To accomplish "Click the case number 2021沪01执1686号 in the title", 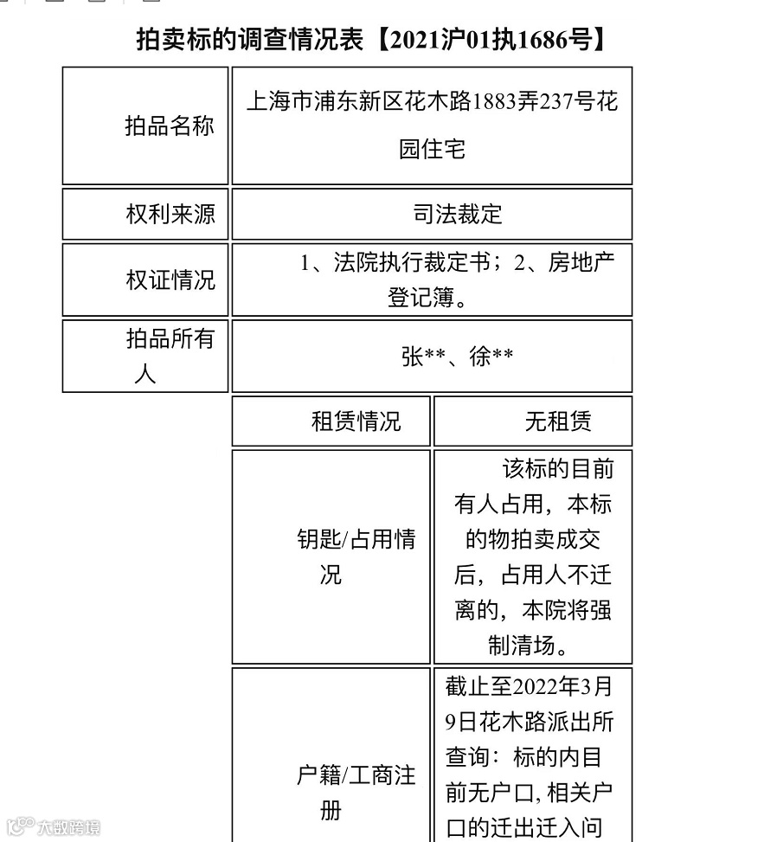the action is pyautogui.click(x=491, y=40).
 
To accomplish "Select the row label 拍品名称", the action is pyautogui.click(x=169, y=126).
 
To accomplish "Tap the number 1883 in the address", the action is pyautogui.click(x=493, y=102).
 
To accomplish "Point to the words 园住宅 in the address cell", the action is pyautogui.click(x=433, y=149).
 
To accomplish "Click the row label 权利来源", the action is pyautogui.click(x=170, y=214).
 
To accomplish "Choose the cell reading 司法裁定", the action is pyautogui.click(x=458, y=214).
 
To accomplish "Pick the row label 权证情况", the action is pyautogui.click(x=170, y=280).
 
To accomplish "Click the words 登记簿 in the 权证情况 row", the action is pyautogui.click(x=421, y=299).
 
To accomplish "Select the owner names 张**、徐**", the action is pyautogui.click(x=457, y=357).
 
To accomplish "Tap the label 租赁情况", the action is pyautogui.click(x=356, y=421).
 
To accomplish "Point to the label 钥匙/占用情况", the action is pyautogui.click(x=356, y=557).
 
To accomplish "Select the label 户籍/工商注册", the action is pyautogui.click(x=356, y=793).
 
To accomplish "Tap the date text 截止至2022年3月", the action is pyautogui.click(x=529, y=686).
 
